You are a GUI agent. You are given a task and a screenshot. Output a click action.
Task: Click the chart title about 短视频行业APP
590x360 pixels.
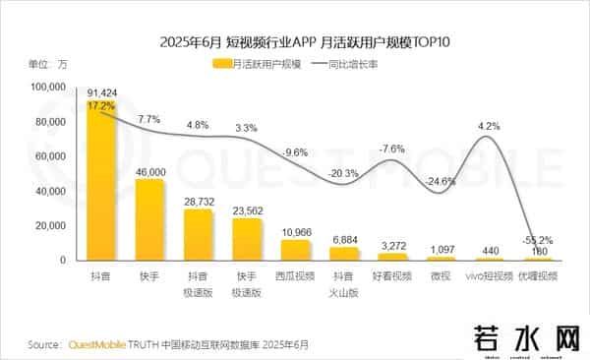295,42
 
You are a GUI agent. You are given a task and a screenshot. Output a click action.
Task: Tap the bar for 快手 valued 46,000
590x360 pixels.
149,220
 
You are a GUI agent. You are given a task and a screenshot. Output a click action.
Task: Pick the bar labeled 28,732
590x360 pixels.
199,235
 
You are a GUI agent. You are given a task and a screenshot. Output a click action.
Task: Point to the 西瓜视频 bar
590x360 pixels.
294,251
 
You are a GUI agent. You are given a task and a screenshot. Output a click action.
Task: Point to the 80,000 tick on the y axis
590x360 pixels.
47,122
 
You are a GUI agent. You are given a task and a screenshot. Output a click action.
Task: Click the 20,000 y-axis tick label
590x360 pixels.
47,225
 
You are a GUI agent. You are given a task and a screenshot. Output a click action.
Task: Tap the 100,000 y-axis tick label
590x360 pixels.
44,88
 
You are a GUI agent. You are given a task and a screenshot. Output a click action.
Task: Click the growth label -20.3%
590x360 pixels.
344,173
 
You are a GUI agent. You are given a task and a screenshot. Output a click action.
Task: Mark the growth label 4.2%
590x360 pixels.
489,126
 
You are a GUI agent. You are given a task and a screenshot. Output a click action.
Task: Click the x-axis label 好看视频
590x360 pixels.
391,278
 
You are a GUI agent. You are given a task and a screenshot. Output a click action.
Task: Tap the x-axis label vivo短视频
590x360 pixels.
489,278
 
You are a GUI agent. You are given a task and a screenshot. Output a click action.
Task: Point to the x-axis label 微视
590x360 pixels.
440,278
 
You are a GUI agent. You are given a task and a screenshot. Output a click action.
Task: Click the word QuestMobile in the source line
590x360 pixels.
101,345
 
